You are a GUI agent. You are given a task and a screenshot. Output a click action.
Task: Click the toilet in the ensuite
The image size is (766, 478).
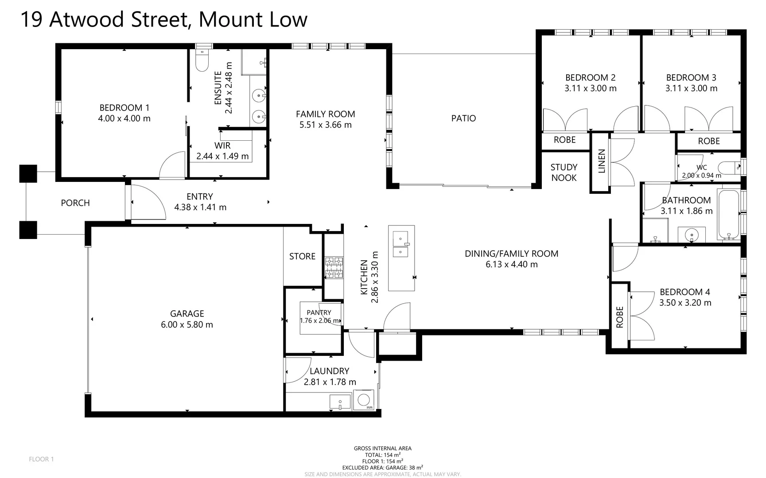click(202, 61)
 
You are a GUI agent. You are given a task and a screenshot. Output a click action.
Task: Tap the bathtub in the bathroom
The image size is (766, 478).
click(728, 215)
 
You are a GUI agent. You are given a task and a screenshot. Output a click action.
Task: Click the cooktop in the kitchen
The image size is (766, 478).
click(334, 267)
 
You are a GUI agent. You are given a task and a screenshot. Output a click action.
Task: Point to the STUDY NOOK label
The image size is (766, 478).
click(564, 173)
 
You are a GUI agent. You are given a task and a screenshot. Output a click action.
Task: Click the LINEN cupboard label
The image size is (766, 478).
click(601, 161)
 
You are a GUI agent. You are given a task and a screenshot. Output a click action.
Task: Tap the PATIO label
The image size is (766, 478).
click(463, 118)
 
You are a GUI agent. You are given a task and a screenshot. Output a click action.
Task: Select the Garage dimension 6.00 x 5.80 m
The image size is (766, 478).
click(187, 325)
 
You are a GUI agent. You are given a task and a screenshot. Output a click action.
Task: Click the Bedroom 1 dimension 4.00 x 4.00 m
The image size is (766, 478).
click(124, 119)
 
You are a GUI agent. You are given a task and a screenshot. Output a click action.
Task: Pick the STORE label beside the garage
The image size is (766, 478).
click(302, 256)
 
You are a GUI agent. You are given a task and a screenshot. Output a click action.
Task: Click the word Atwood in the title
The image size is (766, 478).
click(87, 19)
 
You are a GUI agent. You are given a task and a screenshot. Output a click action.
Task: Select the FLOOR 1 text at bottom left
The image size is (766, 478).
click(41, 459)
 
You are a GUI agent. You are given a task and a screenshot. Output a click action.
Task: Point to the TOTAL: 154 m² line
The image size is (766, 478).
click(382, 455)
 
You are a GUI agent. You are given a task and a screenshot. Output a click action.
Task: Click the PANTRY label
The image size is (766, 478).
click(319, 312)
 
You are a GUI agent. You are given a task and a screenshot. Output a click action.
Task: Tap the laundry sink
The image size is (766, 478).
click(340, 402)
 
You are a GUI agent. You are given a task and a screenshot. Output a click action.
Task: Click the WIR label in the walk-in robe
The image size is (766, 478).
click(222, 146)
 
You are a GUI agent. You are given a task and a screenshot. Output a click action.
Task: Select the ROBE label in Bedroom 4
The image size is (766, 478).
click(619, 317)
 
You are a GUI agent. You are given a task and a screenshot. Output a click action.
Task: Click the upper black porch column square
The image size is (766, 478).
click(28, 173)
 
